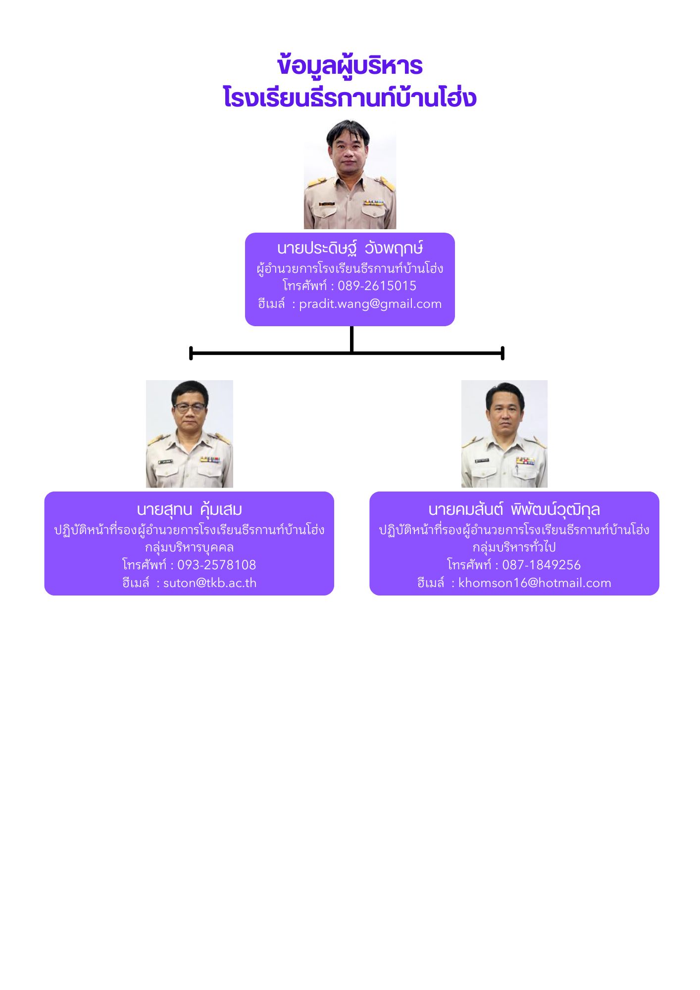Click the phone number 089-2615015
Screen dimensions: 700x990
pos(377,286)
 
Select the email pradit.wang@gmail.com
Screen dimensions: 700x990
pos(370,303)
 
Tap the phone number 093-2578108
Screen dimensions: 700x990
pos(216,565)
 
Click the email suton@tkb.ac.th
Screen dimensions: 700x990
pos(210,583)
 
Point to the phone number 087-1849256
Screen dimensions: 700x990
pos(541,565)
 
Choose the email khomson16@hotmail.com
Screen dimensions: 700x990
pos(535,583)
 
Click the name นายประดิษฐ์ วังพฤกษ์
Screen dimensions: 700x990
pos(350,248)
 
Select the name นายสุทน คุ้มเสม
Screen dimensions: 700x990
pos(189,509)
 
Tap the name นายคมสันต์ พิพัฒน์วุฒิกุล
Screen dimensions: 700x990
pos(514,509)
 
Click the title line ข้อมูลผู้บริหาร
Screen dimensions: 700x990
pos(350,66)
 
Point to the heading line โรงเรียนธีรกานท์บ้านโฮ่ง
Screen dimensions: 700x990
pos(350,97)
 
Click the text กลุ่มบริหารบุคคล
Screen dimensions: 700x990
pos(189,547)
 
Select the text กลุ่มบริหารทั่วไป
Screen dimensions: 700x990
pos(514,546)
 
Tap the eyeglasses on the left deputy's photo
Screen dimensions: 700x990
pos(190,408)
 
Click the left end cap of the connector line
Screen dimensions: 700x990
pos(191,353)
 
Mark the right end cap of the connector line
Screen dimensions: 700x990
pos(502,353)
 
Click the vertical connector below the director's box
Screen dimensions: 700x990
pos(351,339)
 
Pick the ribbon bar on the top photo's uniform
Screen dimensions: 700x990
pos(373,202)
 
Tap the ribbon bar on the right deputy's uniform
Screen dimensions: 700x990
pos(525,461)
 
